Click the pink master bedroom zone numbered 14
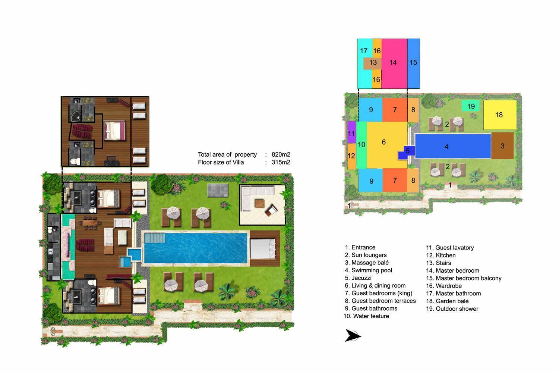coord(394,63)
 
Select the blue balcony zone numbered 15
coord(413,63)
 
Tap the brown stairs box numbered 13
coord(372,63)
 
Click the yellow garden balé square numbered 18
coord(500,115)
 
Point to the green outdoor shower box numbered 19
coord(471,106)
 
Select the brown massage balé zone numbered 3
coord(502,146)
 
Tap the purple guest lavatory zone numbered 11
coord(351,133)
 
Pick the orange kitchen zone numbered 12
coord(351,156)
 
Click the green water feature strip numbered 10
coord(361,145)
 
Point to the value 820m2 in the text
coord(281,154)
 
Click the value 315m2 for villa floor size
coord(281,162)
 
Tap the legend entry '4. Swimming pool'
coord(368,270)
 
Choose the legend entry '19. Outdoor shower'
coord(452,309)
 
